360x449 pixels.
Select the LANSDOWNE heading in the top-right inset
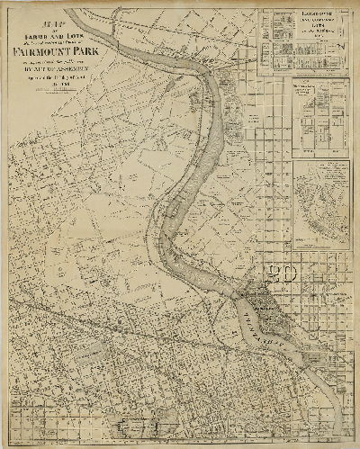[x=301, y=15]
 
